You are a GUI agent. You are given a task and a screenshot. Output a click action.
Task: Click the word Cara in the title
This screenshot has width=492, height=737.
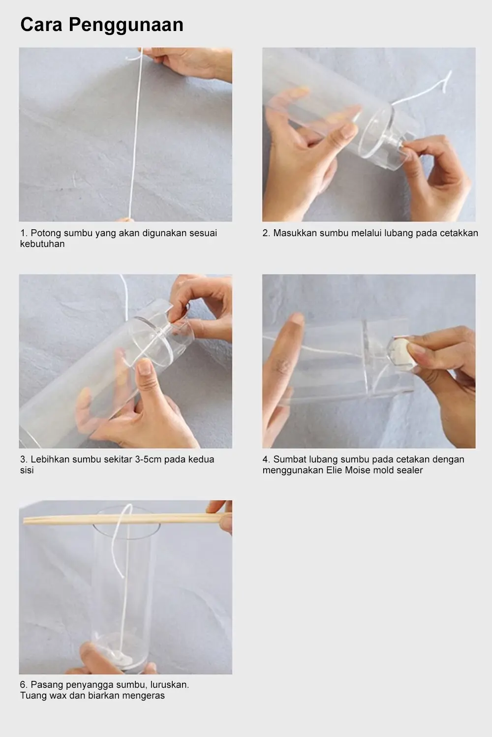pos(41,24)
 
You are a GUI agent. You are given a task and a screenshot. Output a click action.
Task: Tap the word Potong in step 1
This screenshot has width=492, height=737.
pos(45,233)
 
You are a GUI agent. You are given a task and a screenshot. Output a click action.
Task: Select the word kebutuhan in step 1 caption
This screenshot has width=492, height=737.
pos(42,244)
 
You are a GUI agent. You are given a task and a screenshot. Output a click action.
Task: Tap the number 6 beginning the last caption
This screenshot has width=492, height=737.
pos(23,685)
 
